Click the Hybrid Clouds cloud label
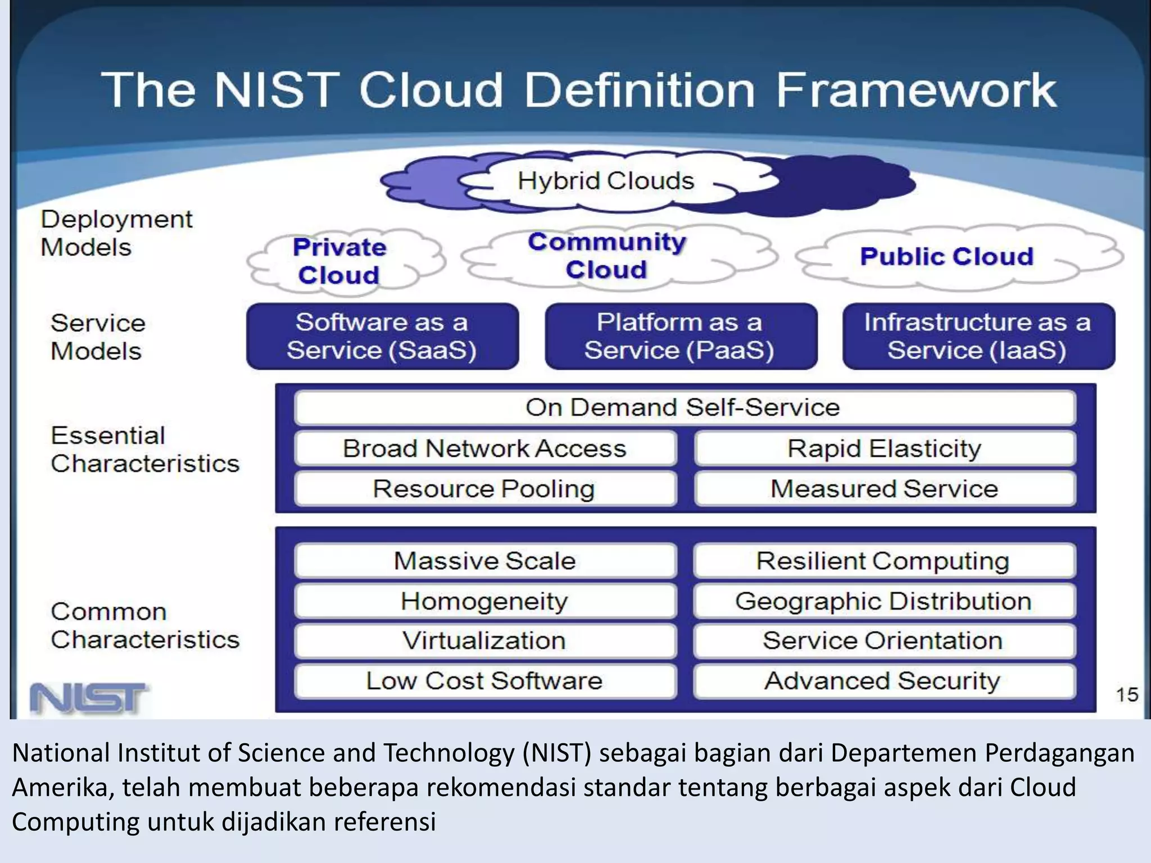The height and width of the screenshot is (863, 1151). click(x=606, y=181)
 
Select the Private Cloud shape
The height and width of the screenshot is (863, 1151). click(x=339, y=261)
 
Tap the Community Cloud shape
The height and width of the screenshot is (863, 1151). click(x=607, y=256)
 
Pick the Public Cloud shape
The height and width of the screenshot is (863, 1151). click(x=946, y=257)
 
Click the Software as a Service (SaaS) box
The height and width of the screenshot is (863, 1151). click(x=382, y=336)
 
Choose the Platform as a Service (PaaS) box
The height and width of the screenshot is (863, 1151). click(x=680, y=336)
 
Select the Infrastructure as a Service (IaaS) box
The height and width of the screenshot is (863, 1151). click(x=978, y=336)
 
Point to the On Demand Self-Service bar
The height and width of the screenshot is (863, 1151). click(x=683, y=407)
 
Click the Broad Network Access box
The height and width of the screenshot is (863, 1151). click(x=484, y=448)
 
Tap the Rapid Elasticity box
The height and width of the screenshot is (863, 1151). click(x=883, y=448)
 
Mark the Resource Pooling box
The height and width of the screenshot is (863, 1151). click(x=484, y=489)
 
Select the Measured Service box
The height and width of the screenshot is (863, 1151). click(x=883, y=489)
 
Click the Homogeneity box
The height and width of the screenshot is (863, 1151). click(x=484, y=601)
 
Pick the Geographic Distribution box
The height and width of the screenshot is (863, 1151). click(x=883, y=601)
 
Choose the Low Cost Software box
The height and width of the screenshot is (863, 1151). click(x=484, y=681)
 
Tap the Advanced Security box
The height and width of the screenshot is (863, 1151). click(x=883, y=681)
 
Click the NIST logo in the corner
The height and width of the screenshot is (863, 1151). click(x=88, y=698)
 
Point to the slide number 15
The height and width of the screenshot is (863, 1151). click(x=1126, y=695)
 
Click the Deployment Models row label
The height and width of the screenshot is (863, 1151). click(x=116, y=233)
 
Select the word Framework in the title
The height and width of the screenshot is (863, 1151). click(x=916, y=90)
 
